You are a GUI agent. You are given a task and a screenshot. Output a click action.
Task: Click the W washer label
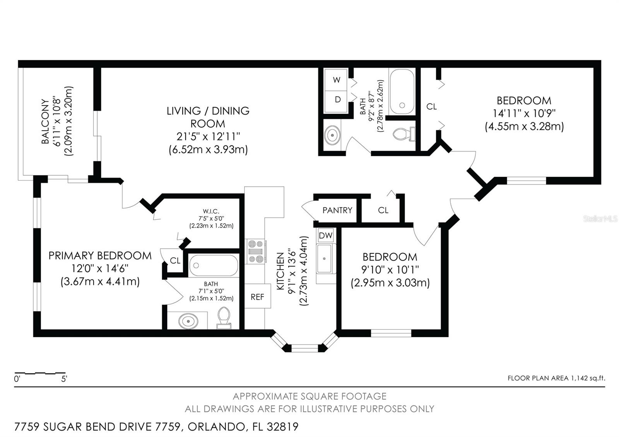[336, 80]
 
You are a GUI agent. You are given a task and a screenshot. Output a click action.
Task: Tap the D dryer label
[338, 99]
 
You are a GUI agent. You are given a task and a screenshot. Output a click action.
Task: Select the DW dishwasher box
[325, 236]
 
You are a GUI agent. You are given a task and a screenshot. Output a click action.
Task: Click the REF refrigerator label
[257, 297]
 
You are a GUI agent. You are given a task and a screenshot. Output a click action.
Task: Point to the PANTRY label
[337, 210]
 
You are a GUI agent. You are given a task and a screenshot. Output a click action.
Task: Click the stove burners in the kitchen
[256, 252]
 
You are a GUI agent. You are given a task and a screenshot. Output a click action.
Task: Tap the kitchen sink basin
[325, 259]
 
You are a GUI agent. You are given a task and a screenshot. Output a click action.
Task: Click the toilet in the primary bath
[224, 318]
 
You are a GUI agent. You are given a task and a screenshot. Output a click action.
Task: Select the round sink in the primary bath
[188, 321]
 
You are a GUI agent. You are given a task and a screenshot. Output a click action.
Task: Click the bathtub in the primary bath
[213, 265]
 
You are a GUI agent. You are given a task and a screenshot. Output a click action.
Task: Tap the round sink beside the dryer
[332, 135]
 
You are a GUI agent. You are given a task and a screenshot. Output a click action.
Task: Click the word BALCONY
[45, 121]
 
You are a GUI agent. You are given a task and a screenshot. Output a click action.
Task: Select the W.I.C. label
[211, 212]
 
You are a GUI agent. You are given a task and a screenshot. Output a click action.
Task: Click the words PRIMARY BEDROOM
[100, 256]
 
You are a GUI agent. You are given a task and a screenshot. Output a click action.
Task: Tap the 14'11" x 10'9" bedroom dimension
[524, 114]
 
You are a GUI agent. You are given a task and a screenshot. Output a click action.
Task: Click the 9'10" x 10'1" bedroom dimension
[390, 270]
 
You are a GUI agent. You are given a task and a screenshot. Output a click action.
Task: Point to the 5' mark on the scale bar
[64, 379]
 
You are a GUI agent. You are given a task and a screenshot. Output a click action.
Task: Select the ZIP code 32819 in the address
[283, 427]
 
